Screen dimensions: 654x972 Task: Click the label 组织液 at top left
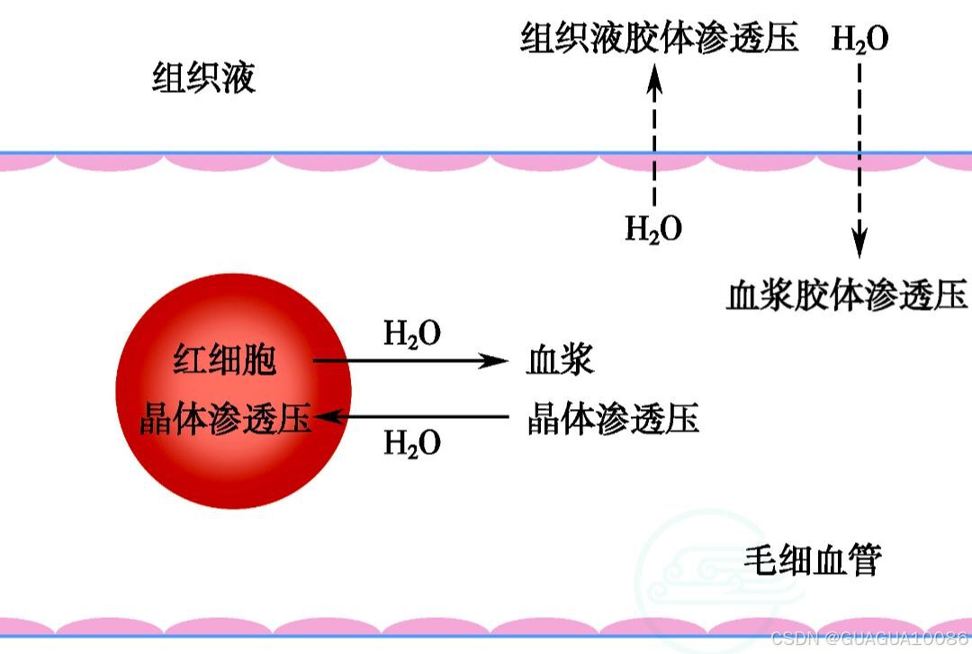point(203,79)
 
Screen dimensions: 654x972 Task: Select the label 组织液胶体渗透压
point(659,40)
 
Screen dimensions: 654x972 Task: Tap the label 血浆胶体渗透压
point(846,295)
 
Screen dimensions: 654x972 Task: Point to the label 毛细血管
point(812,561)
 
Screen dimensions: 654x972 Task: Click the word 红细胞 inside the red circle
point(225,361)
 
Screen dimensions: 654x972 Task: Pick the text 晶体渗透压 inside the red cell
point(225,419)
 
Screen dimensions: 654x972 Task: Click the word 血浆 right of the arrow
point(560,361)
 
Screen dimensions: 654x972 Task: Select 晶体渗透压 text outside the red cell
point(613,419)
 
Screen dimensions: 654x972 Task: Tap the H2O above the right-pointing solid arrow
point(412,334)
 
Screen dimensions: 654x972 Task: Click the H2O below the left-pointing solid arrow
point(412,443)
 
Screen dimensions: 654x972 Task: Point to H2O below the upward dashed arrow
point(653,230)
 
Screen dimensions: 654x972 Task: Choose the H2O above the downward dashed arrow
point(859,41)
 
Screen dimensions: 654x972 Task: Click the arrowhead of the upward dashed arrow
point(654,82)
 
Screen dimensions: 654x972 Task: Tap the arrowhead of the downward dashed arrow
point(859,244)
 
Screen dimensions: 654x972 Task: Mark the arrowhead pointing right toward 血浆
point(496,361)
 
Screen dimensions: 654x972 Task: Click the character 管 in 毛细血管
point(865,561)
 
